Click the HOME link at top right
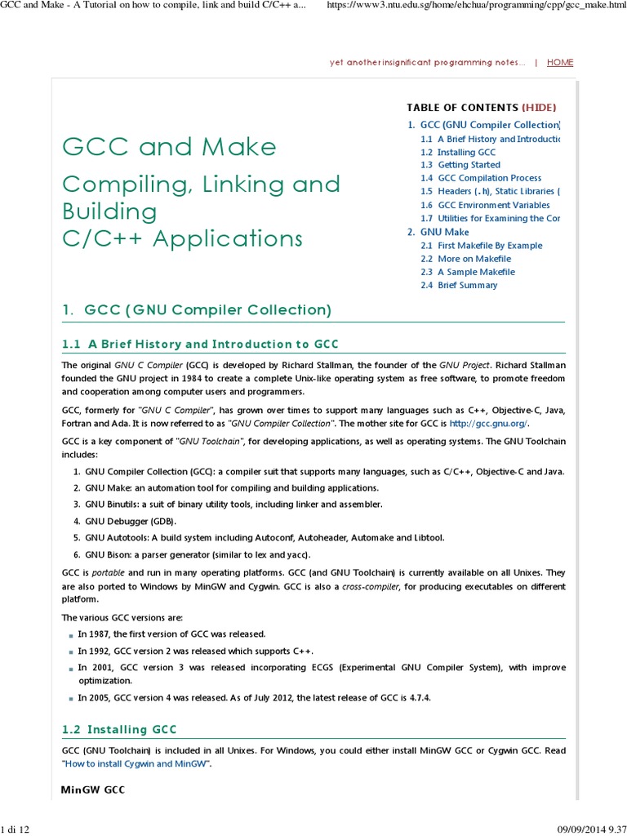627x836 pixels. point(560,62)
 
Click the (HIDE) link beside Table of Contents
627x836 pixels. point(540,107)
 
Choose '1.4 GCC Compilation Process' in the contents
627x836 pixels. point(481,178)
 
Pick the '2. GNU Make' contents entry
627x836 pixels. point(438,232)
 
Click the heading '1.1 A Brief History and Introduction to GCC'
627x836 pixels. point(200,344)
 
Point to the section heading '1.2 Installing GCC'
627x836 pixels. point(119,729)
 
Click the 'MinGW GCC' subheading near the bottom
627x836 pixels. point(93,790)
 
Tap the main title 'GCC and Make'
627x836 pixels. point(170,147)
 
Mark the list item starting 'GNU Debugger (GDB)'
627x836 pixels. point(130,521)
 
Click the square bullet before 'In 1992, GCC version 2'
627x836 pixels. point(72,651)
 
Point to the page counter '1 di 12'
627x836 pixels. point(16,829)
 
